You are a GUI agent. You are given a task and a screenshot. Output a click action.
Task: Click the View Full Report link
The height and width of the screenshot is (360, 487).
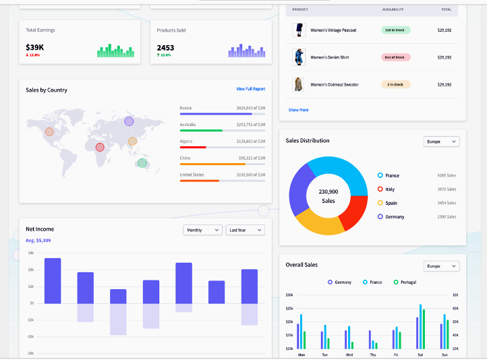pos(250,89)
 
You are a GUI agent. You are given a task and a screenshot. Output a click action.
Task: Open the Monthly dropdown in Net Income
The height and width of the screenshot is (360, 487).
pos(202,230)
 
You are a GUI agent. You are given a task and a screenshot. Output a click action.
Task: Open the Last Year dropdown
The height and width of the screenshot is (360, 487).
pos(245,230)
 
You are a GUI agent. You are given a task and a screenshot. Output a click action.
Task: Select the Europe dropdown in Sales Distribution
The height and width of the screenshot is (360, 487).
pos(441,142)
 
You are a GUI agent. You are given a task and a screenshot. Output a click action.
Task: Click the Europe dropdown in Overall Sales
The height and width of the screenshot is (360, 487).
pos(441,266)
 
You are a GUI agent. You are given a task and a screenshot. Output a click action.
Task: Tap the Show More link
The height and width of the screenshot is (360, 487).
pos(298,110)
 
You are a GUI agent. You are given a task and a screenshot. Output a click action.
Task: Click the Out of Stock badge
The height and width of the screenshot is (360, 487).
pos(395,57)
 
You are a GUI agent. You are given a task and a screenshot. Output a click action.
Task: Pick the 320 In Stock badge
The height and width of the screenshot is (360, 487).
pos(395,30)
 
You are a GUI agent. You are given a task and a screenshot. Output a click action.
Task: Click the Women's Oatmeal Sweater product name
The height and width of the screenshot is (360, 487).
pos(334,85)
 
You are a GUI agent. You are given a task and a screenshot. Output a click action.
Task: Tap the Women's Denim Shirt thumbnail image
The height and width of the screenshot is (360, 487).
pos(298,57)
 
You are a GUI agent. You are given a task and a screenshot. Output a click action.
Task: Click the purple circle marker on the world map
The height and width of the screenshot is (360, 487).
pos(129,121)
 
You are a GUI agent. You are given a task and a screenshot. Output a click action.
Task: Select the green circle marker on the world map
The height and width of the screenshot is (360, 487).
pos(142,162)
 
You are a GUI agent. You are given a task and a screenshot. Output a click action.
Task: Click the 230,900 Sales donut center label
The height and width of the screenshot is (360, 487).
pos(328,196)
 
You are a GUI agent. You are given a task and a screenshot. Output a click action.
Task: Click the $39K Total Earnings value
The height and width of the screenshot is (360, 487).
pos(35,47)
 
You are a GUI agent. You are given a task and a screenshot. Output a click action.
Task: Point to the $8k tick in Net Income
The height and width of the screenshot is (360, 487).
pos(31,253)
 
